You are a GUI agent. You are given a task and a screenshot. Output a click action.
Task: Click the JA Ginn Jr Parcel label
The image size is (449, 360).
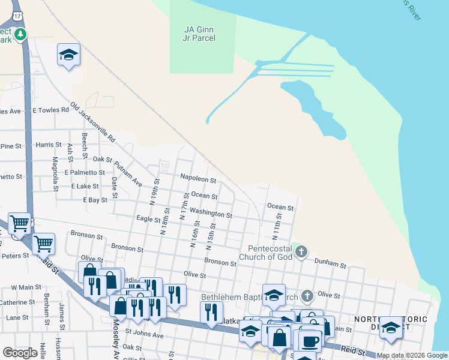click(x=199, y=33)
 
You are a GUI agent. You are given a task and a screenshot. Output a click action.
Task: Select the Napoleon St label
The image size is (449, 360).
click(x=198, y=179)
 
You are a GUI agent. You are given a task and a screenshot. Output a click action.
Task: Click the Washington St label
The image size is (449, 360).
click(x=211, y=213)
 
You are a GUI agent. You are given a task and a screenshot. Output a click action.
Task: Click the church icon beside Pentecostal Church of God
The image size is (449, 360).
click(x=301, y=252)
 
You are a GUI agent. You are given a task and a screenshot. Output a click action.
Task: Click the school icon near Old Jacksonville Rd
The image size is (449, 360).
click(x=69, y=55)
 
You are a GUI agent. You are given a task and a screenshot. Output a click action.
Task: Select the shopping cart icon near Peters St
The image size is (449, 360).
click(x=43, y=244)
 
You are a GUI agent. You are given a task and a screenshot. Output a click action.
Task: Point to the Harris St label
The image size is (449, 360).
click(x=49, y=145)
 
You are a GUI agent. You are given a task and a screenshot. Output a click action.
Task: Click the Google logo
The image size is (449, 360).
click(x=20, y=353)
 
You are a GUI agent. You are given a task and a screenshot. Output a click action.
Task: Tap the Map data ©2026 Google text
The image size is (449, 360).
click(x=412, y=355)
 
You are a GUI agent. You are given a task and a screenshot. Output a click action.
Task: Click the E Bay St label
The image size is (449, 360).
click(x=95, y=199)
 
